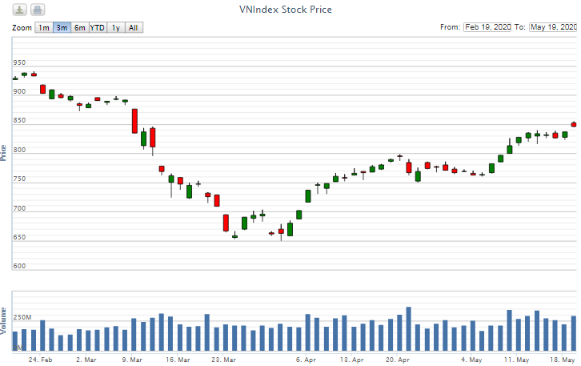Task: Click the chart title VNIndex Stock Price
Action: tap(285, 10)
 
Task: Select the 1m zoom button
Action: tap(43, 28)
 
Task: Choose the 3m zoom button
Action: tap(62, 28)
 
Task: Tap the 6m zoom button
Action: tap(79, 28)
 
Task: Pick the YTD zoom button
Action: tap(97, 28)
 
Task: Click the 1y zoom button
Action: tap(116, 28)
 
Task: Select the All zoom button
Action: tap(134, 28)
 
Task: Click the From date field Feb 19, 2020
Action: tap(487, 27)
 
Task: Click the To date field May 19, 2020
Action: tap(553, 27)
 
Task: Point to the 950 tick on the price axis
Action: tap(19, 62)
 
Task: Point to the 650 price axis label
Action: tap(19, 238)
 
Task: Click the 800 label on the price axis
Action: tap(19, 151)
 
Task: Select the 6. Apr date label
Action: tap(305, 360)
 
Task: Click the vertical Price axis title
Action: tap(5, 153)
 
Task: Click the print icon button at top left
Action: tap(38, 10)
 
